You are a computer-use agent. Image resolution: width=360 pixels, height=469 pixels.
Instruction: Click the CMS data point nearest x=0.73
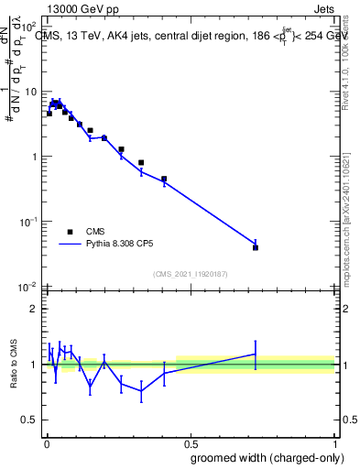click(x=256, y=247)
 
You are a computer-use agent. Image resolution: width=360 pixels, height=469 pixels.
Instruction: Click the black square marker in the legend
click(x=70, y=232)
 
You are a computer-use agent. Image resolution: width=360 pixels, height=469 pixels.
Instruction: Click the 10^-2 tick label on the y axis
click(x=27, y=287)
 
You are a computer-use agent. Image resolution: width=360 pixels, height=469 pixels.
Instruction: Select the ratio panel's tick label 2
click(x=33, y=309)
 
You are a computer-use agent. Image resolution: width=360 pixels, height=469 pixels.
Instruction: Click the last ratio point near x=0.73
click(x=256, y=354)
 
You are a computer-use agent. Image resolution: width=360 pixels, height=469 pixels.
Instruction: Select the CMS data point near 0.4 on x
click(x=164, y=180)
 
